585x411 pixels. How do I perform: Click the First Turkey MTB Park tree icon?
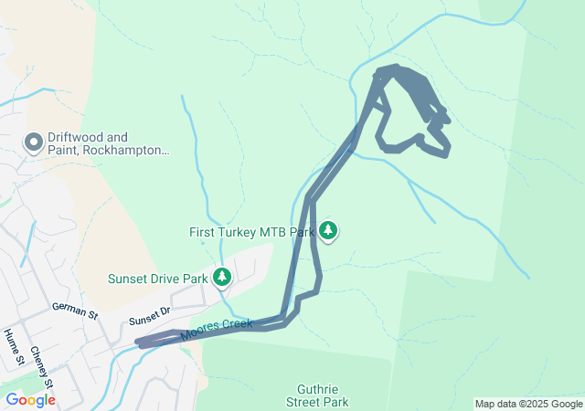coord(328,230)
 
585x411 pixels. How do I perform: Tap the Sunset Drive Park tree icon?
coord(221,275)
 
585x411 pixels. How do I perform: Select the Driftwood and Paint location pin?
coord(34,142)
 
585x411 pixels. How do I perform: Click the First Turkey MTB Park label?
coord(250,232)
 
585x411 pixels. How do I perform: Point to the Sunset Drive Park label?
coord(158,279)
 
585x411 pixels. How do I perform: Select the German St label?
coord(75,311)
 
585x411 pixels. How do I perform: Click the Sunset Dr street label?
coord(150,317)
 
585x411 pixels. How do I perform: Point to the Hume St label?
coord(13,347)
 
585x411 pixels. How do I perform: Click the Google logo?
coord(30,400)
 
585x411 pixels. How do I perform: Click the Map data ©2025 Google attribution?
coord(528,404)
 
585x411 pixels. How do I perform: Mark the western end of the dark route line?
coord(140,343)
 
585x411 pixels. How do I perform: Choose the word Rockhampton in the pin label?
coord(125,150)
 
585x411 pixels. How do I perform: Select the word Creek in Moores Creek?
coord(236,324)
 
